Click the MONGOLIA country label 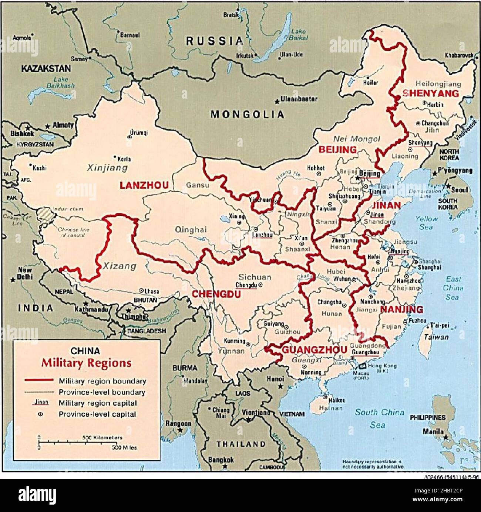tap(248, 114)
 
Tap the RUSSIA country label tap(215, 41)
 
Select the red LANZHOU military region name tap(144, 185)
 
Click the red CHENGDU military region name tap(216, 294)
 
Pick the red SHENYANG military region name tap(430, 93)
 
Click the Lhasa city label tap(152, 291)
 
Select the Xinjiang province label tap(107, 168)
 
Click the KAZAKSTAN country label tap(46, 68)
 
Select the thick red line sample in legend tap(39, 380)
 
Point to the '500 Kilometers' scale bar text tap(102, 438)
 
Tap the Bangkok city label tap(221, 460)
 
